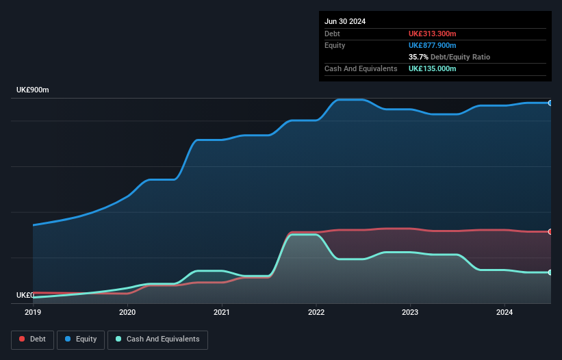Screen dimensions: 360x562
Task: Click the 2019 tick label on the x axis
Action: coord(33,313)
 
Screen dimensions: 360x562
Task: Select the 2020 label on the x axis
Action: coord(127,313)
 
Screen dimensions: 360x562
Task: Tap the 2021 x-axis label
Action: coord(222,313)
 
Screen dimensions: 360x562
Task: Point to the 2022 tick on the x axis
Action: coord(316,313)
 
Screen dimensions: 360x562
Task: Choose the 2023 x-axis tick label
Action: coord(410,313)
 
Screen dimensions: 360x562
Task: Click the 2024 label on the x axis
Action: coord(504,313)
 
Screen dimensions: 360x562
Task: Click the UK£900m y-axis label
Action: coord(33,90)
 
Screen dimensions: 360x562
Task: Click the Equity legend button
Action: coord(81,339)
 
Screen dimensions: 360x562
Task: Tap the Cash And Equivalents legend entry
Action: coord(157,339)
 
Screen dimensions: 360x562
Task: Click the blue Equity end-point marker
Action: coord(550,103)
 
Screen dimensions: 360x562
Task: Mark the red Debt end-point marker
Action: coord(550,231)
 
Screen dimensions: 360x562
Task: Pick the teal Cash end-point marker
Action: coord(550,272)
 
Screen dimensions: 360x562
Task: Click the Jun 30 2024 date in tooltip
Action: coord(345,21)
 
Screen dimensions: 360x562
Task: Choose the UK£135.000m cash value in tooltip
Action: coord(433,68)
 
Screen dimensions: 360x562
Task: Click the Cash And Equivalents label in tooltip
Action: coord(361,68)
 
